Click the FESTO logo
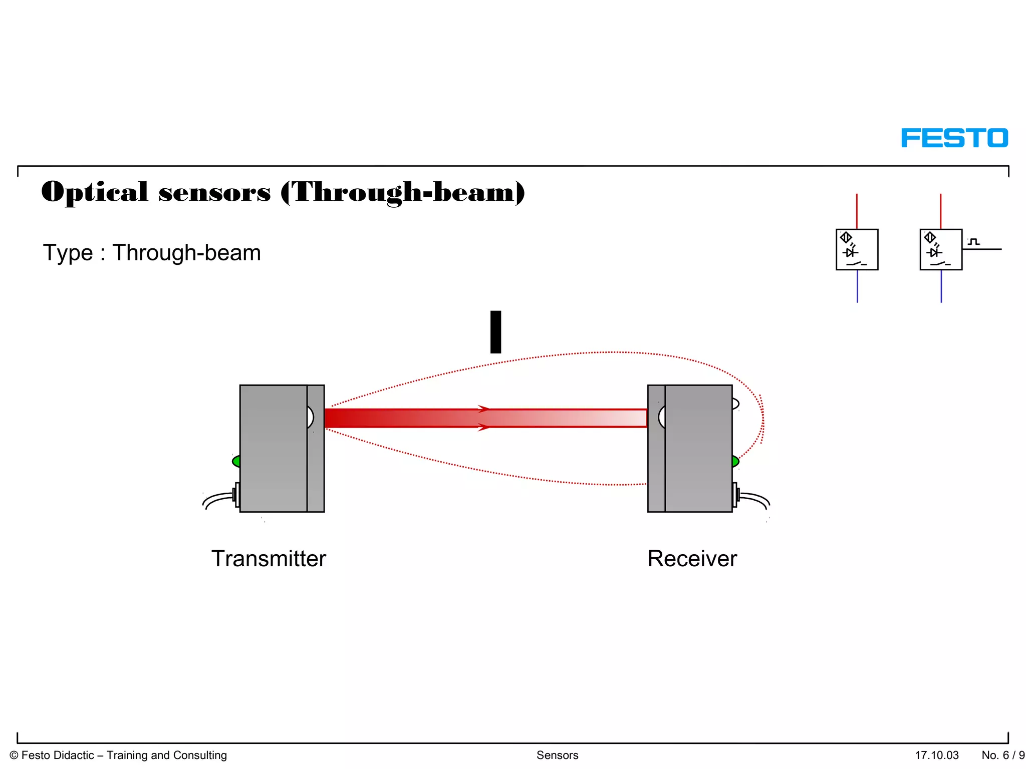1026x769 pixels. [954, 138]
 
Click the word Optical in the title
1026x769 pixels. [95, 192]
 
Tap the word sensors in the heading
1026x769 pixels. [214, 193]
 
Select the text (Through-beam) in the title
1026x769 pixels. [403, 193]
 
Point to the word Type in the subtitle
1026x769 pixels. [68, 253]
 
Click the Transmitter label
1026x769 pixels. [269, 559]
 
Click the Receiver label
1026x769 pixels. [692, 559]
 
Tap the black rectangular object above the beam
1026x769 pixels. [495, 332]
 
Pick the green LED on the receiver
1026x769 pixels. [735, 461]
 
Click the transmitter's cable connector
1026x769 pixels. [236, 495]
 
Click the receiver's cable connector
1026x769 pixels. [735, 495]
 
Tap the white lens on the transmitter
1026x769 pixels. [310, 417]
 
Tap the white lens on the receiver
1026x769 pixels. [662, 417]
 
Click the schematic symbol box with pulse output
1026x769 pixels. [941, 249]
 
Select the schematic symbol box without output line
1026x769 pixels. [857, 249]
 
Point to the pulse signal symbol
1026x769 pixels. [973, 242]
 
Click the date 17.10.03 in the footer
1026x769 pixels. [936, 755]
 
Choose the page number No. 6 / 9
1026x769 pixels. [1003, 755]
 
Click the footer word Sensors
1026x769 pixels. [557, 755]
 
